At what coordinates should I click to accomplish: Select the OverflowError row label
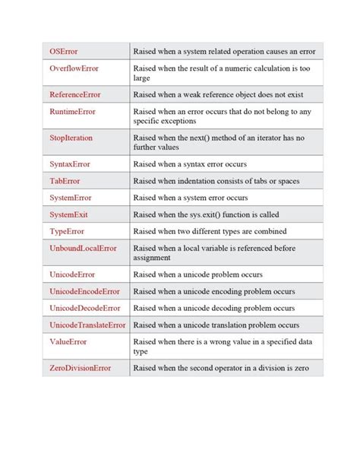coord(74,68)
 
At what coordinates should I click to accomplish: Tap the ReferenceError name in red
coord(75,95)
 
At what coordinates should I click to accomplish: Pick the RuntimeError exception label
coord(73,112)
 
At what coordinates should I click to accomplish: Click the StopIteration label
coord(71,138)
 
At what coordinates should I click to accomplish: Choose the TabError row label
coord(65,181)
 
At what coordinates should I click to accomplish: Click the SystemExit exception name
coord(69,214)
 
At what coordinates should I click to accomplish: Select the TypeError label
coord(67,231)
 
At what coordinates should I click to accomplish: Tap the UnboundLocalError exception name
coord(84,248)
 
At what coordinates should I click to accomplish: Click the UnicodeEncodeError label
coord(85,291)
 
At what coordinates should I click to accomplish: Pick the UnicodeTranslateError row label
coord(88,325)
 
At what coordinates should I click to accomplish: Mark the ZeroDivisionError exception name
coord(81,368)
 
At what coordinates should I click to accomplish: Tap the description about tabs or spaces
coord(216,181)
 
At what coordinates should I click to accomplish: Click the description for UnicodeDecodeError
coord(214,308)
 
